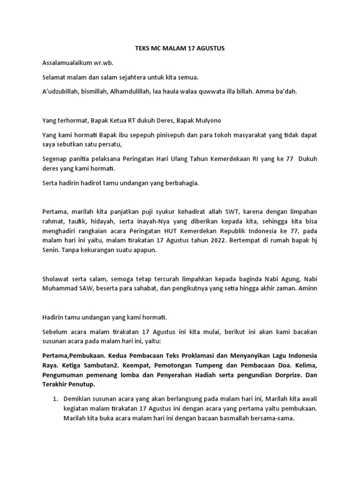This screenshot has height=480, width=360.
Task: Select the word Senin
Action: coord(51,250)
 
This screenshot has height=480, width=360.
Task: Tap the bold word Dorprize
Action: coord(285,375)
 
